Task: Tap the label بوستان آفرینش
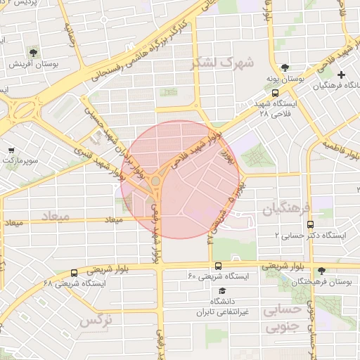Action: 33,64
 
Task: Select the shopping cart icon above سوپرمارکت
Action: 12,150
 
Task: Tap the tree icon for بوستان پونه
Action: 284,68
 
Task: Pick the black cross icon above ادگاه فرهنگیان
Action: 342,75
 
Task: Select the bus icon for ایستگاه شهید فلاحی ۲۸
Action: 276,91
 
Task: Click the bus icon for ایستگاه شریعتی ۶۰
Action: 218,266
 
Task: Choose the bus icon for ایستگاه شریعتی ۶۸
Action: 74,272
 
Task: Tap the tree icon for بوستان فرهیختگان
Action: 322,270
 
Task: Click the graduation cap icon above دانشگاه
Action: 222,290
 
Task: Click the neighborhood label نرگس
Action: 96,321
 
